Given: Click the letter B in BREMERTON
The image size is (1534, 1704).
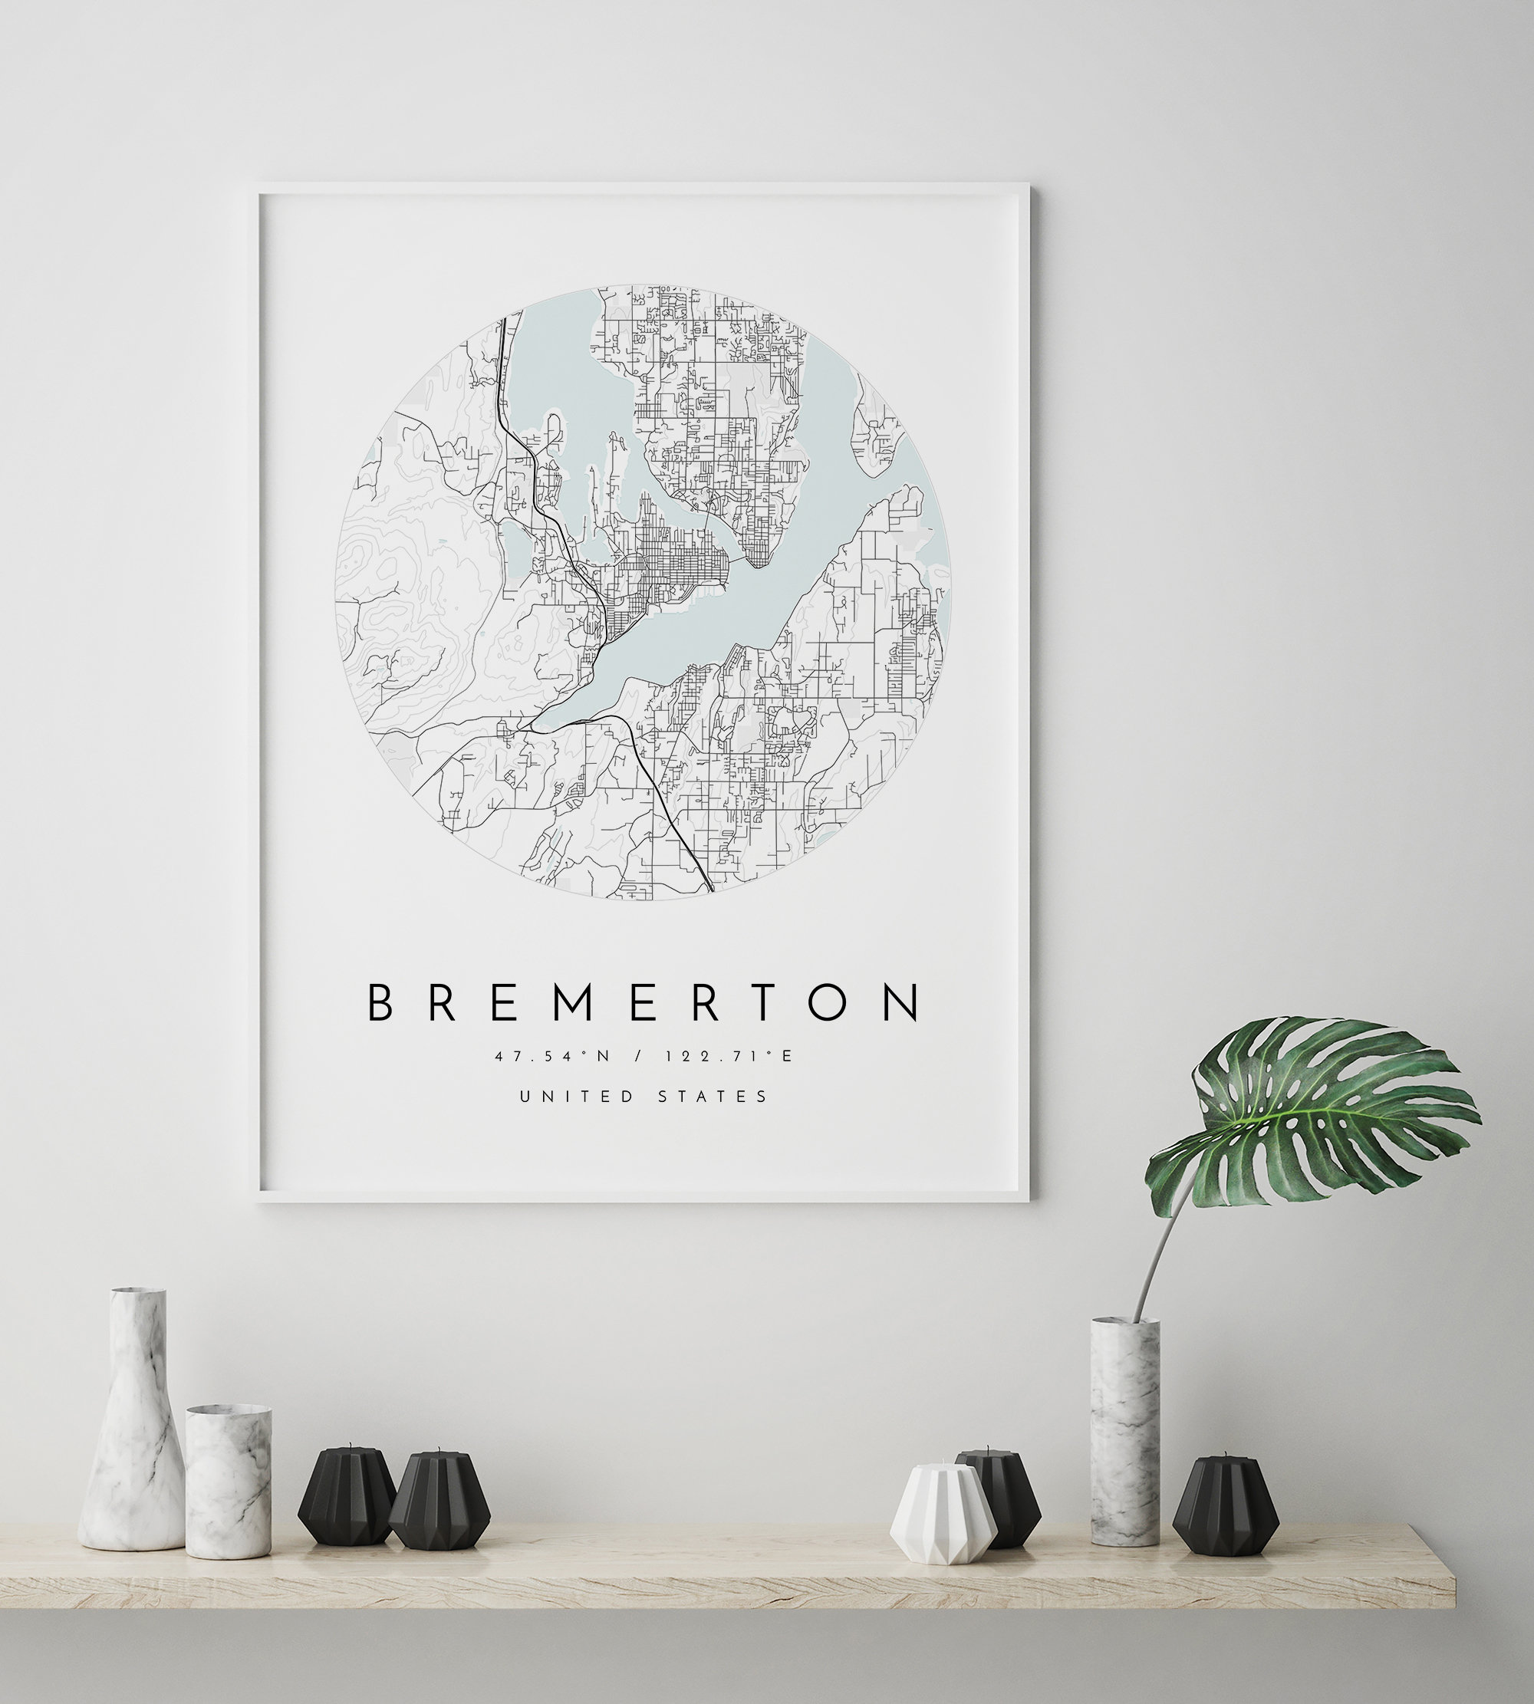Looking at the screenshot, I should pos(380,1003).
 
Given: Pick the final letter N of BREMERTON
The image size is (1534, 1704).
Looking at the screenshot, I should pos(904,1003).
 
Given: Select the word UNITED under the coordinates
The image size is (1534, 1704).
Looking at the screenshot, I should pos(577,1097).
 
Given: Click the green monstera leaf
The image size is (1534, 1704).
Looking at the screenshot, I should pos(1315,1113).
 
